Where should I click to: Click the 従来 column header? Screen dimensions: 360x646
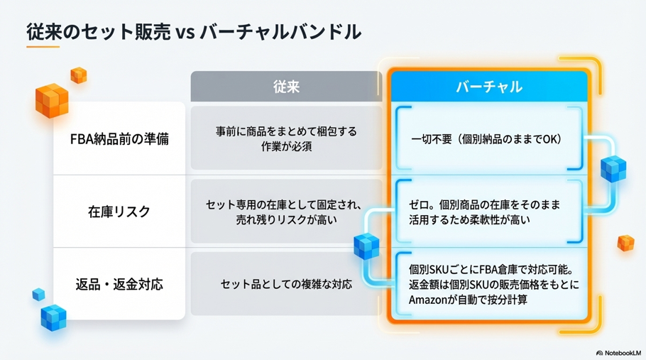(286, 87)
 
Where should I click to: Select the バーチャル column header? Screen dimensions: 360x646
(489, 87)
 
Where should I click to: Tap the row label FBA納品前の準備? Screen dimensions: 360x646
(119, 139)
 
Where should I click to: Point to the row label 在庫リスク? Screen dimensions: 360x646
(119, 212)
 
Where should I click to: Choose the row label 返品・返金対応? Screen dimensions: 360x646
(119, 285)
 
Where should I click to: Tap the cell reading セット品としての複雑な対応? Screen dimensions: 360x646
(286, 285)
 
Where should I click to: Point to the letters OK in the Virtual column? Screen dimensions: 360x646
(551, 139)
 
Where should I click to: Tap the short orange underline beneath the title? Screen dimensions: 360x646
(43, 48)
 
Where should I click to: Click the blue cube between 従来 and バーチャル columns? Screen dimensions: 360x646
(366, 246)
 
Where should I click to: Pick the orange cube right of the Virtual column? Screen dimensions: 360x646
(625, 243)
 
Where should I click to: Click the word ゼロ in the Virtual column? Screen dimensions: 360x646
(420, 204)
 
